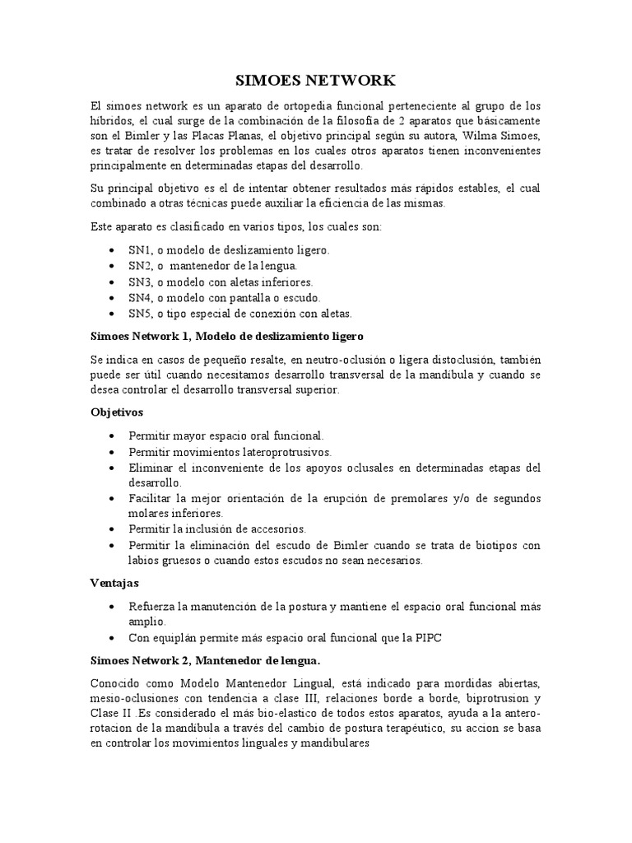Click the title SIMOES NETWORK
click(x=315, y=81)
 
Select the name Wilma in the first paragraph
click(x=467, y=136)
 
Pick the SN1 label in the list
click(x=140, y=249)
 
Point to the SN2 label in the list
click(x=140, y=266)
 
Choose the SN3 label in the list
click(x=140, y=282)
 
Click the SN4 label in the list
click(x=140, y=297)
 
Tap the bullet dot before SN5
click(x=112, y=314)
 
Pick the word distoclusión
click(x=451, y=361)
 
